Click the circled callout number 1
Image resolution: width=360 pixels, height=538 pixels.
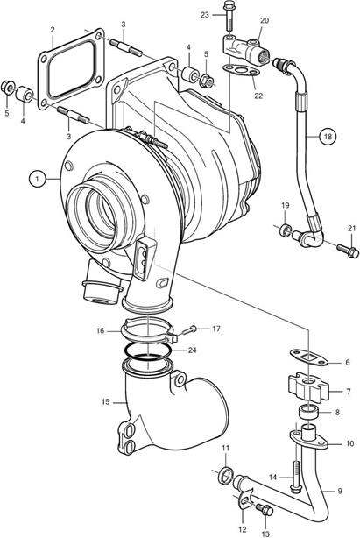pyautogui.click(x=38, y=179)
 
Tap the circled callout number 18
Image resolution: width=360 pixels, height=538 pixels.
pyautogui.click(x=328, y=137)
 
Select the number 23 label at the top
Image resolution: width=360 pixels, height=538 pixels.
pyautogui.click(x=205, y=15)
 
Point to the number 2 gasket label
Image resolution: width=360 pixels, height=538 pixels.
pyautogui.click(x=53, y=30)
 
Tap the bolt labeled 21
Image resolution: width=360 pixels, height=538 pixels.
pyautogui.click(x=348, y=251)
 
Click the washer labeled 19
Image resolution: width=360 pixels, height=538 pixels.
pyautogui.click(x=286, y=230)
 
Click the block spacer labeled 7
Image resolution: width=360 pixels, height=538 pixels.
pyautogui.click(x=308, y=387)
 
